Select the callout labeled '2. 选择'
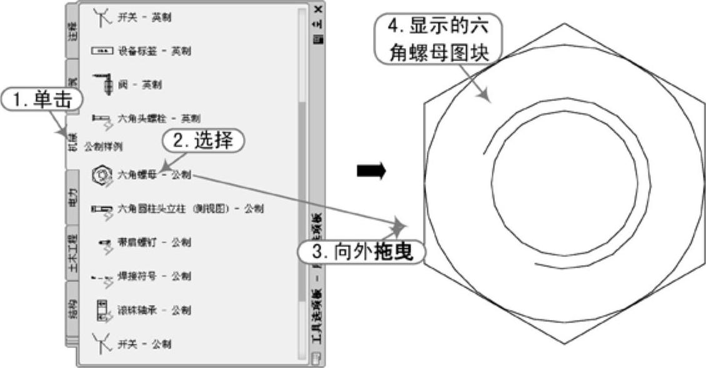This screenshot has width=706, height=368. coord(202,141)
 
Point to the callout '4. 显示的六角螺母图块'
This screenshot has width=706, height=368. coord(436,39)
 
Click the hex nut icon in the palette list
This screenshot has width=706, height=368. coord(101,175)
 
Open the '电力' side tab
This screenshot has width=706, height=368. coord(73,195)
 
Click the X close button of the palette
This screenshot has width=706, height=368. coord(319,9)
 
